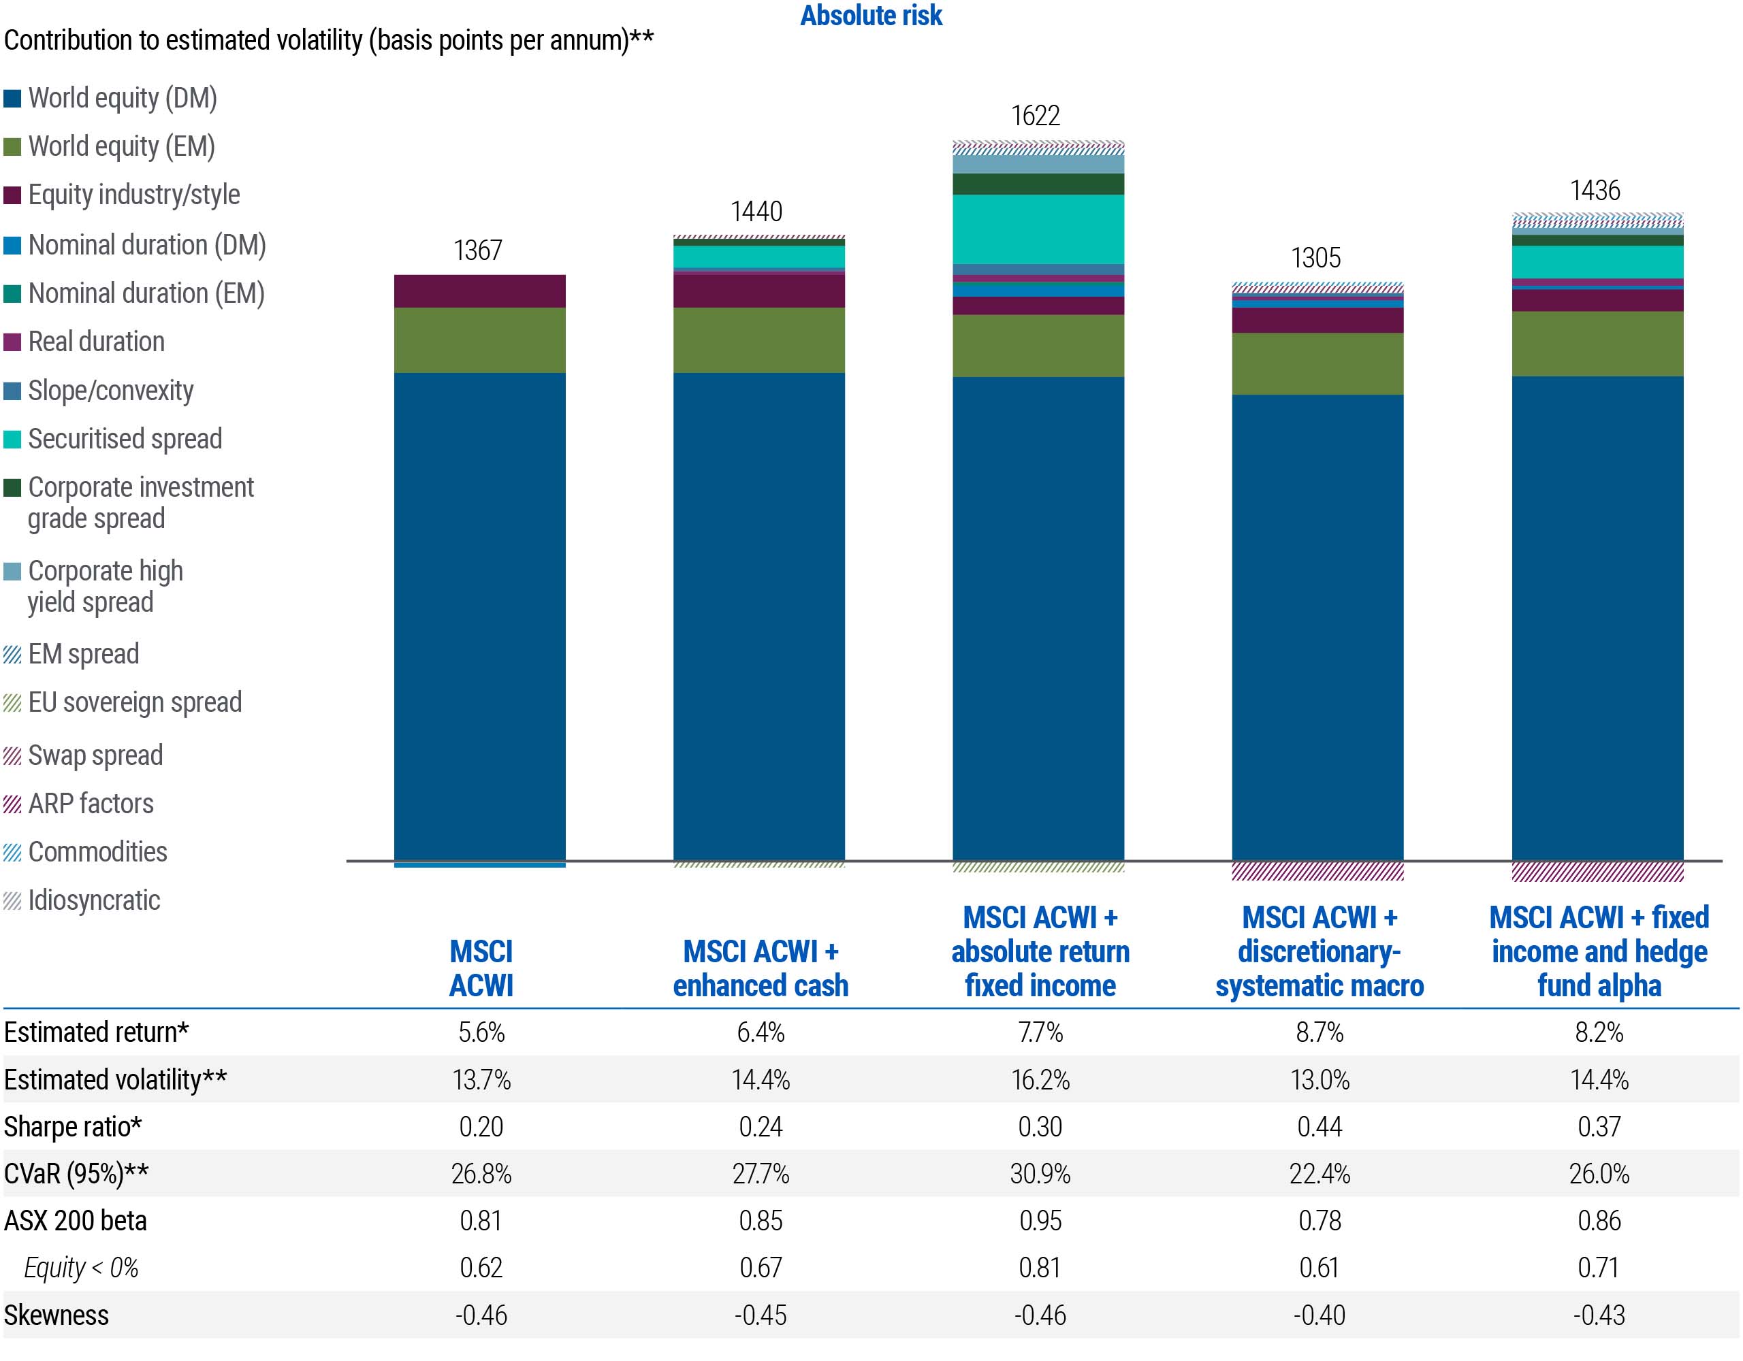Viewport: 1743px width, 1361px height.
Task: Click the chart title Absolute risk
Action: pyautogui.click(x=871, y=16)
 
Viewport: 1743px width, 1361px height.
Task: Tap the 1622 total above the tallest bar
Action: pyautogui.click(x=1036, y=116)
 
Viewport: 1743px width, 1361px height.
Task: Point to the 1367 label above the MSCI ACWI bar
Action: pyautogui.click(x=478, y=250)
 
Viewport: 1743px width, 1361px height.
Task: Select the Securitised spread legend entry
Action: pyautogui.click(x=125, y=439)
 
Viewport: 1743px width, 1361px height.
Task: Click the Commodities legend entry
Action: pyautogui.click(x=97, y=852)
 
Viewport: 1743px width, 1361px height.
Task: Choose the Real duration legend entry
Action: pyautogui.click(x=96, y=342)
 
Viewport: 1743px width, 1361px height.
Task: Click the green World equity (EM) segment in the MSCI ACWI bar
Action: pyautogui.click(x=479, y=340)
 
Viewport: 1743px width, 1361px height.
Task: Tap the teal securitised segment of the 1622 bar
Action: pyautogui.click(x=1038, y=229)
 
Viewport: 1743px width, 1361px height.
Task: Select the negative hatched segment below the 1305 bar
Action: pyautogui.click(x=1317, y=871)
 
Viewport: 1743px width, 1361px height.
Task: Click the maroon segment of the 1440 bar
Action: pyautogui.click(x=759, y=291)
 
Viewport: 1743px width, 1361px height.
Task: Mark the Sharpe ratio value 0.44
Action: pyautogui.click(x=1320, y=1126)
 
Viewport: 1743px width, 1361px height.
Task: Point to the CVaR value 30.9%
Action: pyautogui.click(x=1040, y=1174)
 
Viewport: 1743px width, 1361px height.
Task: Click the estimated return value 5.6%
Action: pyautogui.click(x=481, y=1032)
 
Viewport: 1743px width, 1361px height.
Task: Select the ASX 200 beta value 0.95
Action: pyautogui.click(x=1040, y=1221)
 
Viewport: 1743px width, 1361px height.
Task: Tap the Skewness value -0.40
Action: pyautogui.click(x=1320, y=1315)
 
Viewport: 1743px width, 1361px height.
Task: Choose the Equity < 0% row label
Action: pyautogui.click(x=80, y=1268)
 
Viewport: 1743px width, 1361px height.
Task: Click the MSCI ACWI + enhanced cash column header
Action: pyautogui.click(x=760, y=968)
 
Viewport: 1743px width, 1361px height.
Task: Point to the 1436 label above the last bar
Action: pyautogui.click(x=1595, y=191)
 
